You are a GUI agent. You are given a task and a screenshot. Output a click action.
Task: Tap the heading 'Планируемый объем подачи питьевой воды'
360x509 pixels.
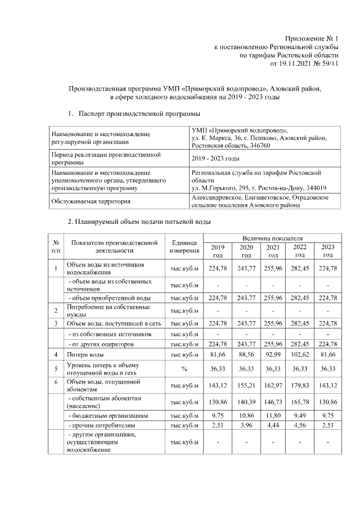pos(143,222)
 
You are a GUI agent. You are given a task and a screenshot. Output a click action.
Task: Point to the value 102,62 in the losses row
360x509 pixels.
pos(300,355)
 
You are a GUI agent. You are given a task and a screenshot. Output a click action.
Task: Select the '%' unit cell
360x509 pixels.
pos(184,369)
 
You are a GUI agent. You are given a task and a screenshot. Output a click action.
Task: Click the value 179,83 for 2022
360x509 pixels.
pos(300,385)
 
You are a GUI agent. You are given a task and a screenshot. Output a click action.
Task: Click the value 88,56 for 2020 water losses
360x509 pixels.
pos(246,355)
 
